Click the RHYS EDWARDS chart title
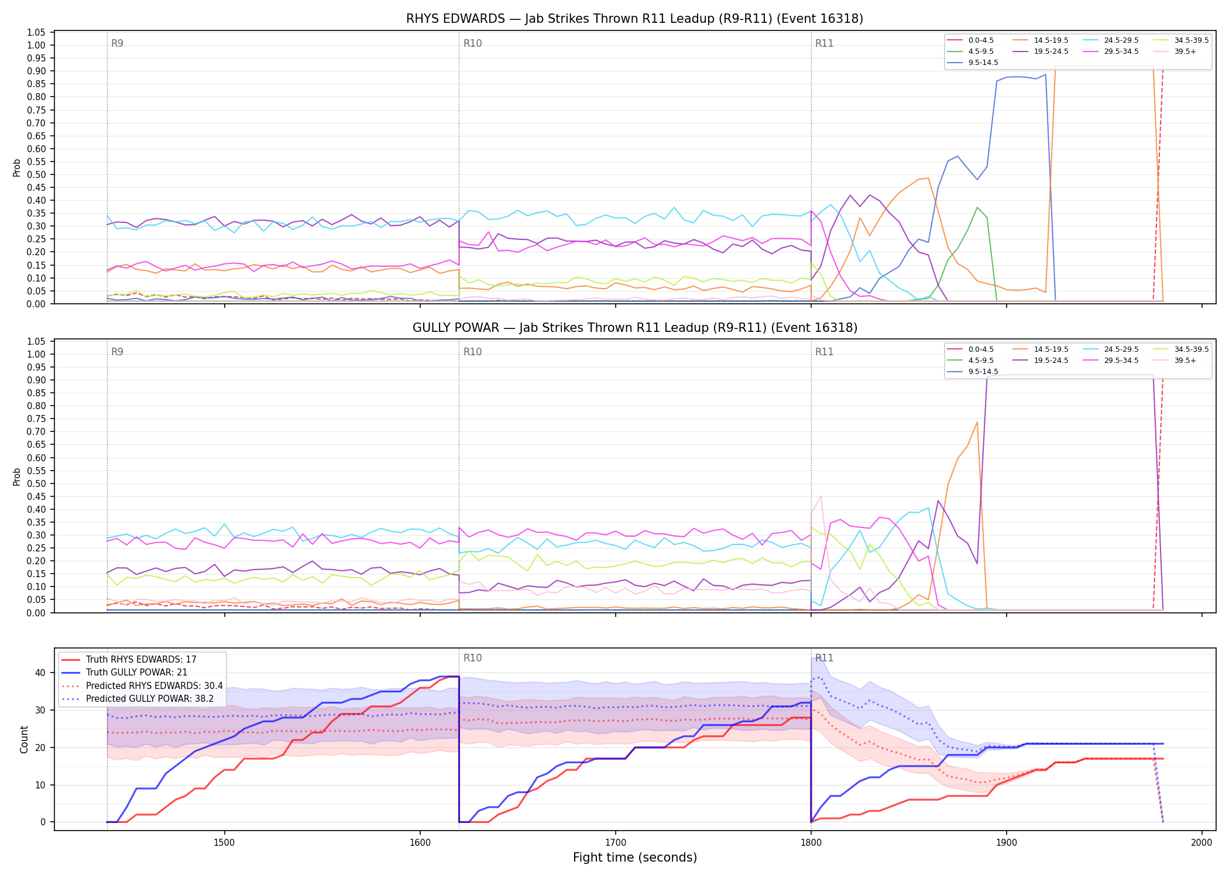(x=634, y=19)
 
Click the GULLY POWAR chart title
(x=634, y=328)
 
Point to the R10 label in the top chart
(x=472, y=43)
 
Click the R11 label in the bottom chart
(x=824, y=658)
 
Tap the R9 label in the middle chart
(x=117, y=352)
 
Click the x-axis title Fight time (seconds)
(x=635, y=858)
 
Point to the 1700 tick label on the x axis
(x=615, y=842)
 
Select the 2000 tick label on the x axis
(x=1201, y=842)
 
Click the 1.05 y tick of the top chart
(x=36, y=32)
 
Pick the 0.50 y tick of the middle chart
(x=36, y=483)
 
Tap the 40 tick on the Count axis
(x=40, y=673)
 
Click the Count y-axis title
(x=24, y=739)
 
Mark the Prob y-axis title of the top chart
(x=17, y=168)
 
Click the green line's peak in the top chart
(x=977, y=207)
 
